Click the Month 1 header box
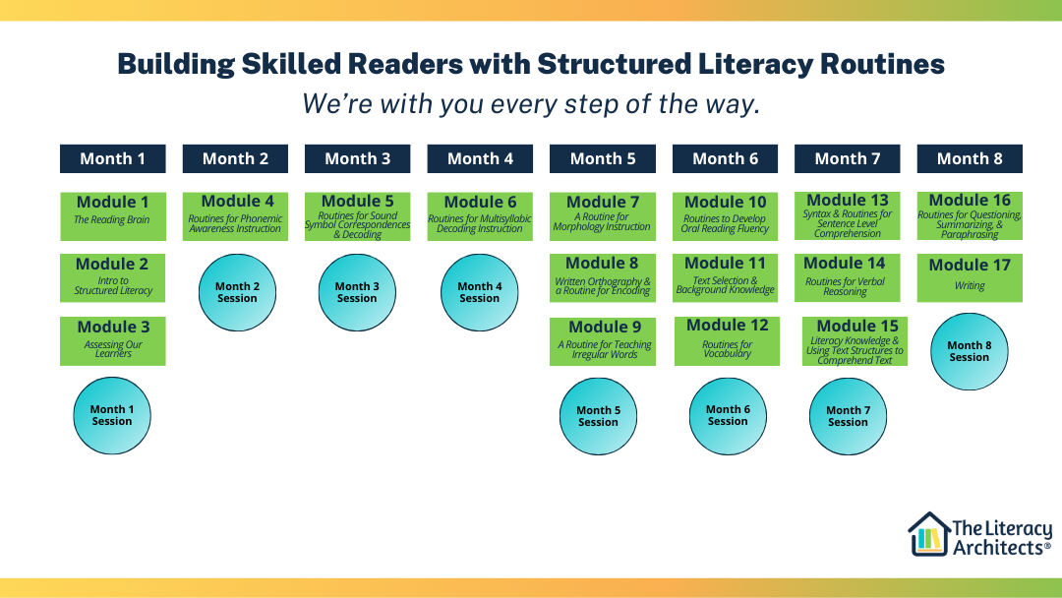112,158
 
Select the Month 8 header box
970,158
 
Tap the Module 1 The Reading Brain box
112,215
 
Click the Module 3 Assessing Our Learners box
112,340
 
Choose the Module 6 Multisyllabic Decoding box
480,215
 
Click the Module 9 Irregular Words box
604,340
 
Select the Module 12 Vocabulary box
727,339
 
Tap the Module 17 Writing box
970,276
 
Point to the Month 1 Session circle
112,416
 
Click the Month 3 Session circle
358,293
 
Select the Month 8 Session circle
970,351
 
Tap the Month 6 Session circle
728,416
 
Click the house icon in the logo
927,534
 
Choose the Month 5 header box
603,158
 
